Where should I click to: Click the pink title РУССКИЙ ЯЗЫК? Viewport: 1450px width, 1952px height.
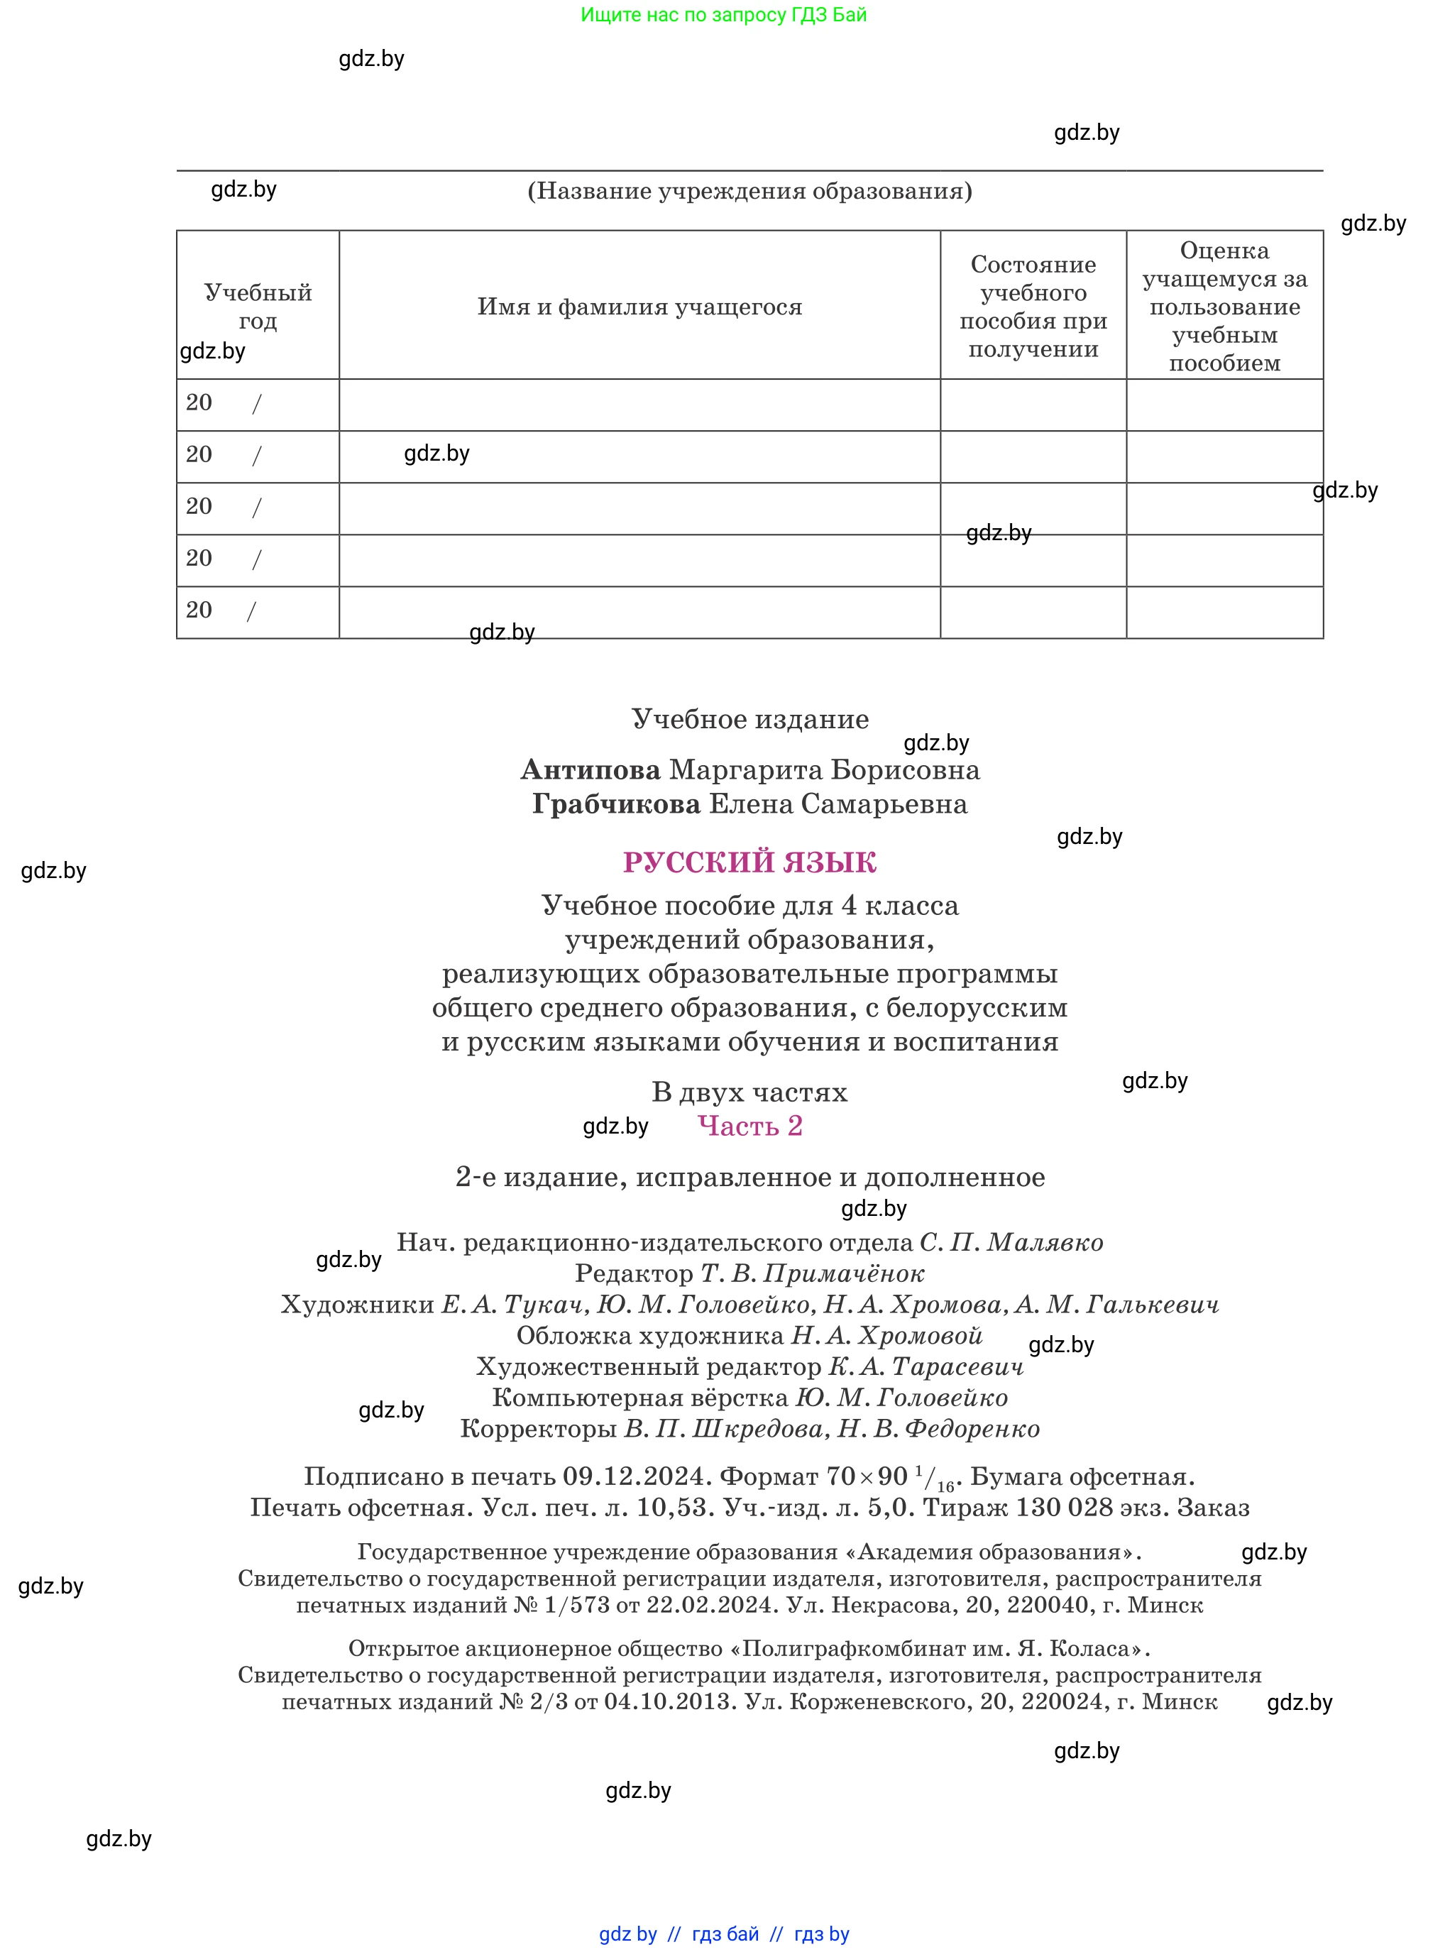(x=749, y=862)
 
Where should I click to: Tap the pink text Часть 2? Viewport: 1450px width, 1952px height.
(x=749, y=1126)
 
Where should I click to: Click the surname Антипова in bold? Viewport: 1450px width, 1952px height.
(x=590, y=769)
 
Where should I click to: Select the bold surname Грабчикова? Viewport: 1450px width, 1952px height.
(x=616, y=804)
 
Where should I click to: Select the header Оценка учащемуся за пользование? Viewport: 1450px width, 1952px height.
(x=1224, y=307)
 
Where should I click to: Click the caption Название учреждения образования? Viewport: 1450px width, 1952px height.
(x=749, y=192)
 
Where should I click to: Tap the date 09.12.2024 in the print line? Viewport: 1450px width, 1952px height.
(x=633, y=1477)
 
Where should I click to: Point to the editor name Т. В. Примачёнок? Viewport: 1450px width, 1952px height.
(x=812, y=1273)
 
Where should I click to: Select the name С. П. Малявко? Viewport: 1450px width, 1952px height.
(x=1011, y=1243)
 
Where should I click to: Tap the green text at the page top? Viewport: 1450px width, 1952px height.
(x=723, y=15)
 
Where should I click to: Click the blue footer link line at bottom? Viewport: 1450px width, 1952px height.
(x=723, y=1934)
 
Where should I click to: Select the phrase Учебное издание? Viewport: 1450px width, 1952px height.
(x=749, y=719)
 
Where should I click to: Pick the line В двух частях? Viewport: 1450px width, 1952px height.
(x=749, y=1092)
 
